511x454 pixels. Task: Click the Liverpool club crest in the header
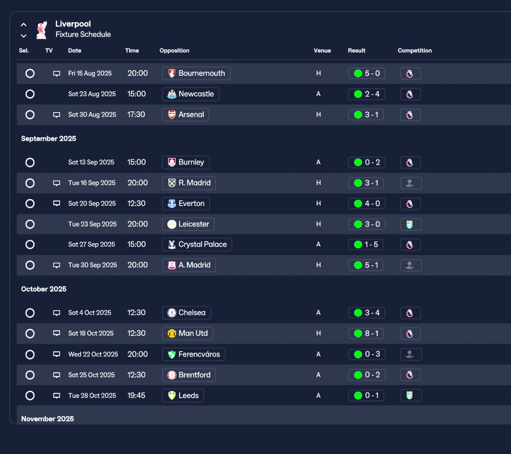tap(42, 30)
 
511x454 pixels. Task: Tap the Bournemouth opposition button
tap(196, 73)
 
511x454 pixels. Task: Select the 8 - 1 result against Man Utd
tap(366, 333)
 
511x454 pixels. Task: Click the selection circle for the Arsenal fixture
tap(30, 115)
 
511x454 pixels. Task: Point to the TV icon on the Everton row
tap(57, 203)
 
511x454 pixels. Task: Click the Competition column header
tap(415, 50)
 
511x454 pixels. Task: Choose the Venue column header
tap(322, 50)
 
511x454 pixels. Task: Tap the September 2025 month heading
tap(49, 139)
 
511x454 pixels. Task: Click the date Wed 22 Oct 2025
tap(93, 354)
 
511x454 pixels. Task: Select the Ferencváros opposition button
tap(194, 354)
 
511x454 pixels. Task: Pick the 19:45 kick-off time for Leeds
tap(136, 395)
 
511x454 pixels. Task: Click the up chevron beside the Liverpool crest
tap(24, 25)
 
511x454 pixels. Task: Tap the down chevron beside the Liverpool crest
tap(24, 36)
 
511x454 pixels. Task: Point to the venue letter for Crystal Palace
tap(318, 244)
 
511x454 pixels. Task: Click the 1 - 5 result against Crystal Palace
tap(366, 244)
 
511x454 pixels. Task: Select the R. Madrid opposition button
tap(189, 183)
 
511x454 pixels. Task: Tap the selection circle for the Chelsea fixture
tap(30, 313)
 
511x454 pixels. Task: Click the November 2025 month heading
tap(48, 419)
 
